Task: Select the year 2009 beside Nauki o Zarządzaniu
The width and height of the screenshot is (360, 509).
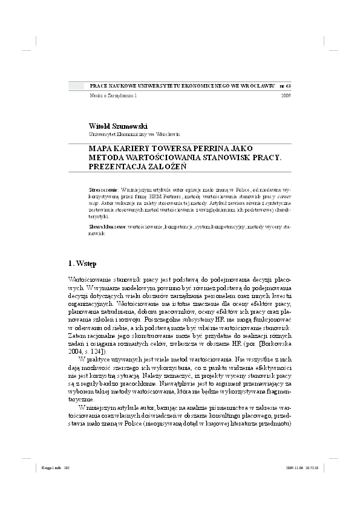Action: click(x=286, y=96)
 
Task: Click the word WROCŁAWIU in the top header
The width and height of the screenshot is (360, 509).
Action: click(x=257, y=87)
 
